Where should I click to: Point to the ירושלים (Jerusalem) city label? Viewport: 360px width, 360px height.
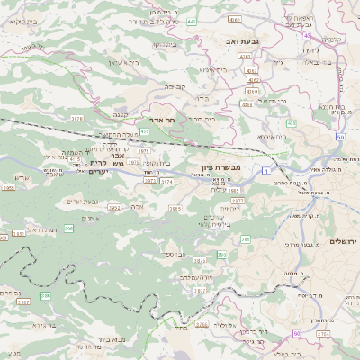point(343,242)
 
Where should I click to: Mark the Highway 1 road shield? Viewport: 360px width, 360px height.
point(267,169)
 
